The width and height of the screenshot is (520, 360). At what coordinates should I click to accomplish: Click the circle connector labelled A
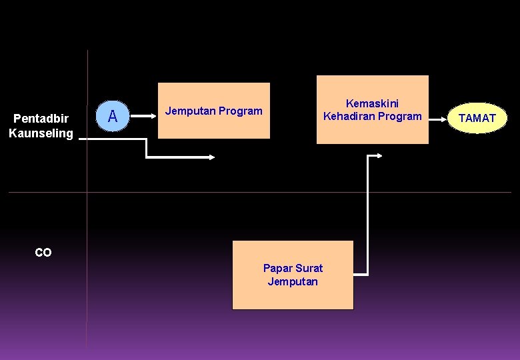[x=113, y=116]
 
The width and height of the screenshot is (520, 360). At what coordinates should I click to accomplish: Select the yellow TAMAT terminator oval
[x=477, y=118]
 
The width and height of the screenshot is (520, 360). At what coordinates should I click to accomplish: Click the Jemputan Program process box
[x=214, y=111]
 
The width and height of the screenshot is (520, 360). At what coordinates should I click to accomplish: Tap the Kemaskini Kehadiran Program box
[x=372, y=109]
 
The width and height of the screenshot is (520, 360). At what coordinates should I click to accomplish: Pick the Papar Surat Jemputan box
[x=293, y=275]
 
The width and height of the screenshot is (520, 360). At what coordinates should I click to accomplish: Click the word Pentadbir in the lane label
[x=41, y=119]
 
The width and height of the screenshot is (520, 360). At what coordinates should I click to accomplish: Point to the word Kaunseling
[x=41, y=133]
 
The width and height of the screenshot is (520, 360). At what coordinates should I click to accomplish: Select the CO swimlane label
[x=43, y=253]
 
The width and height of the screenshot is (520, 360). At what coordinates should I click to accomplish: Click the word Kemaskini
[x=372, y=103]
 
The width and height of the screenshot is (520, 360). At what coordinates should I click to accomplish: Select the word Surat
[x=309, y=268]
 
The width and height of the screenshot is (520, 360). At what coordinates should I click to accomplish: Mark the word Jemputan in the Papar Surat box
[x=293, y=281]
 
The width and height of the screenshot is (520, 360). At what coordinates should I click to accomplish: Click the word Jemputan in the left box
[x=189, y=111]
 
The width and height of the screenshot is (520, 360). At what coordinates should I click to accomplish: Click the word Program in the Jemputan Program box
[x=240, y=111]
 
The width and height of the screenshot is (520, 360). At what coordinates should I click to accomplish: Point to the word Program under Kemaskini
[x=402, y=116]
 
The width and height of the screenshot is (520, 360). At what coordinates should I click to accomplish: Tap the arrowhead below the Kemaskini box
[x=379, y=156]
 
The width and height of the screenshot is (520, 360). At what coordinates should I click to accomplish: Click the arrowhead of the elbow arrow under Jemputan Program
[x=212, y=158]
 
